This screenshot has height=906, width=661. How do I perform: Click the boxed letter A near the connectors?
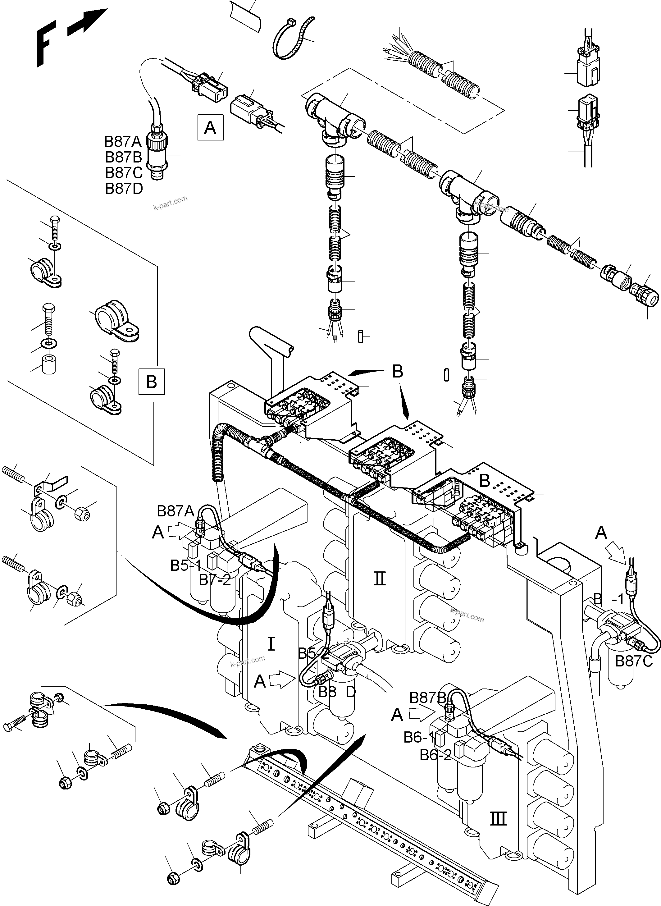point(210,128)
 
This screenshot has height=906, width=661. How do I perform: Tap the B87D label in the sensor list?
point(124,189)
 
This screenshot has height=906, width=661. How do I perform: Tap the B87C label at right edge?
point(633,661)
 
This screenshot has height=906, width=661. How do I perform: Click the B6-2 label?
point(436,755)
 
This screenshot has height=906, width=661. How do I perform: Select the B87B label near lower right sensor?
point(427,698)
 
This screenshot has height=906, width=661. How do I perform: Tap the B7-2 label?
point(215,580)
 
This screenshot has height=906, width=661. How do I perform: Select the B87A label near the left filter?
point(175,511)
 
